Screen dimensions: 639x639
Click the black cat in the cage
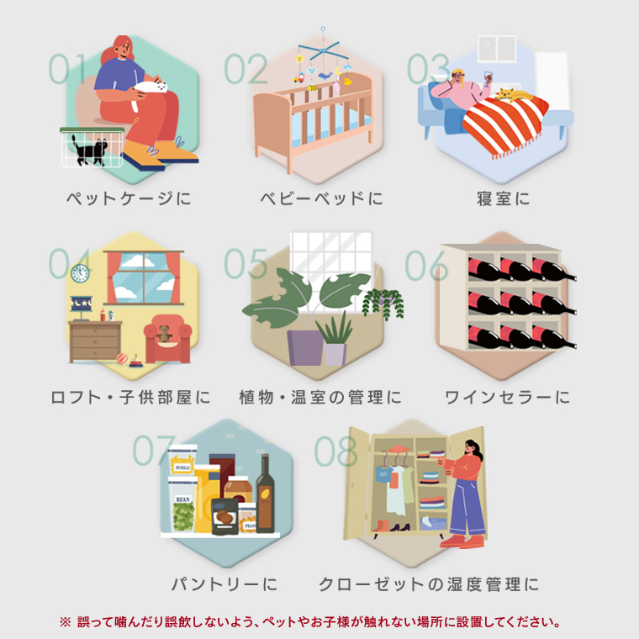(90, 151)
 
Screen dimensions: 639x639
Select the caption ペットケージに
(129, 198)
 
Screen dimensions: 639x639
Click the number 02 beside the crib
(246, 68)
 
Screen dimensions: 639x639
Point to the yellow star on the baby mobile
(299, 58)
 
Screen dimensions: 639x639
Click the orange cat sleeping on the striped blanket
(513, 95)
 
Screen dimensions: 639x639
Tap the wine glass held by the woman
(488, 78)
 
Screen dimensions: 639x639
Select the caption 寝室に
(504, 198)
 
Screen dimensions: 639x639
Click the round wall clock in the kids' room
(80, 273)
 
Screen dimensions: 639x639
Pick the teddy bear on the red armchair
(164, 333)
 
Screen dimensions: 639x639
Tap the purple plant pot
(305, 347)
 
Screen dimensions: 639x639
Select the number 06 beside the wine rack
(426, 266)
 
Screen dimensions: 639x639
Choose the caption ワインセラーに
(507, 397)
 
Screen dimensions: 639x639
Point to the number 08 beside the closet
(335, 451)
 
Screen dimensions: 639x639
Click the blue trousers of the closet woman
(468, 507)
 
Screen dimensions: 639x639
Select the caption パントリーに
(224, 584)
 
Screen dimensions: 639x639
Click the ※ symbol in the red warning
(66, 622)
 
